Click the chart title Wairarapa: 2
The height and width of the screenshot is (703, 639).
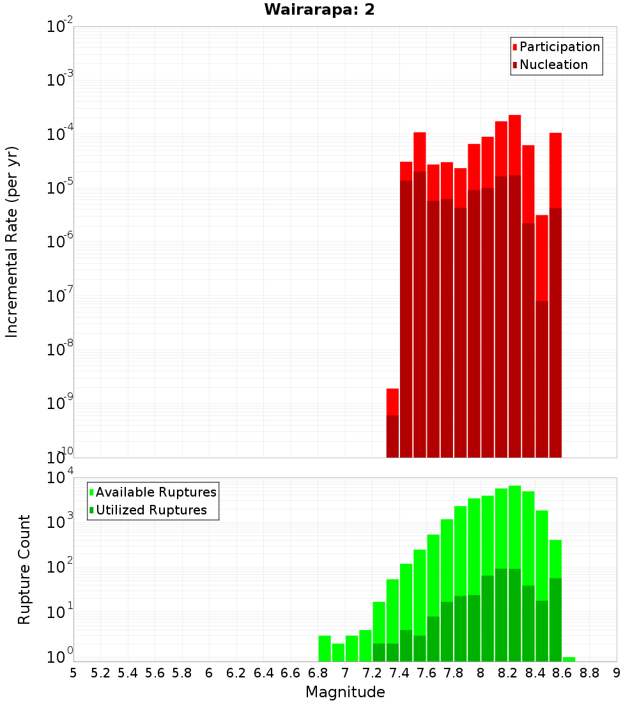pyautogui.click(x=319, y=10)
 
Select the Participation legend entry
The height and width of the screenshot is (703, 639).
pyautogui.click(x=559, y=47)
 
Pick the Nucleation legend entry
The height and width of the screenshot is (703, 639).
pyautogui.click(x=553, y=65)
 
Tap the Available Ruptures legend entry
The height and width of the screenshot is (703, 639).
pyautogui.click(x=156, y=492)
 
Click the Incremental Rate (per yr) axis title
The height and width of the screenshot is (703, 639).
pyautogui.click(x=12, y=242)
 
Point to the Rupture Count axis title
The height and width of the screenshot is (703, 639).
pyautogui.click(x=24, y=569)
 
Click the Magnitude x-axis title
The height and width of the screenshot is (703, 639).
pyautogui.click(x=345, y=692)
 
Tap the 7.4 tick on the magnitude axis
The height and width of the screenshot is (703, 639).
pyautogui.click(x=399, y=673)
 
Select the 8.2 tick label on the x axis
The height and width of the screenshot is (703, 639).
pyautogui.click(x=508, y=673)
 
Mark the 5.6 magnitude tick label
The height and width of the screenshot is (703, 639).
pyautogui.click(x=155, y=673)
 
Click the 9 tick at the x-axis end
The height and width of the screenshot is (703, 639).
pyautogui.click(x=617, y=673)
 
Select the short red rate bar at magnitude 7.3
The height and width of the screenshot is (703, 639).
pyautogui.click(x=392, y=401)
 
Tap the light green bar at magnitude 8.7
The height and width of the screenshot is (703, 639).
pyautogui.click(x=569, y=659)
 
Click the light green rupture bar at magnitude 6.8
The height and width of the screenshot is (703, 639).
pyautogui.click(x=325, y=648)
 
